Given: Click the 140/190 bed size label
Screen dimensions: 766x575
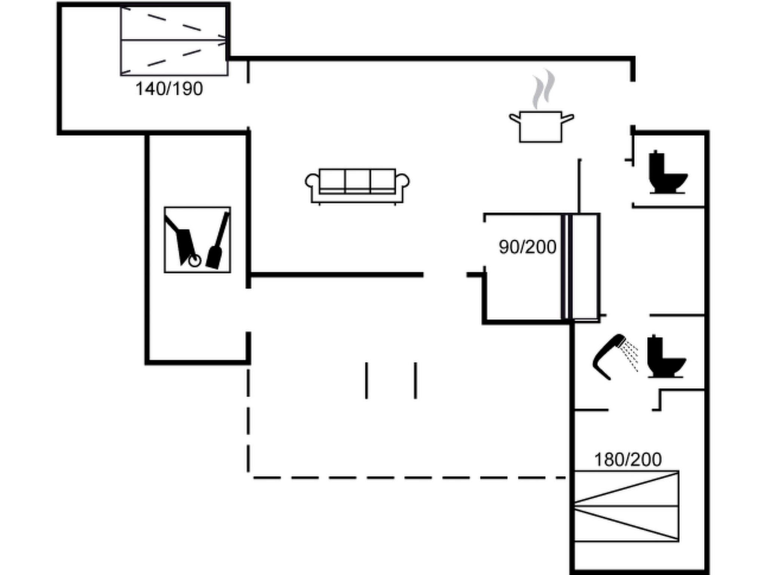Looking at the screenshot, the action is pos(169,89).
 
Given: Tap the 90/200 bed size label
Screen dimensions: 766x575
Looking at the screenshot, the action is pos(527,247).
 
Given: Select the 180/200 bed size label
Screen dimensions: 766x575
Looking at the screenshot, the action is pos(628,459).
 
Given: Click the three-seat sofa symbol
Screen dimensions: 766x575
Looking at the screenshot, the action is pos(357,186).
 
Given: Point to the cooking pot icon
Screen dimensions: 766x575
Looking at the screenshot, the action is pos(541,127).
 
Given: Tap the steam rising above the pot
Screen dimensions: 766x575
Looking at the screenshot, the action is pos(543,89).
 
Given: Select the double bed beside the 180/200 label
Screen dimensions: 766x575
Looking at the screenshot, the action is pos(626,506).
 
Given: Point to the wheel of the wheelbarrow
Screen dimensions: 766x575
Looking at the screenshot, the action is pos(195,261).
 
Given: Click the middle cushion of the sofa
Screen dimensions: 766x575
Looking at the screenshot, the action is pos(358,181).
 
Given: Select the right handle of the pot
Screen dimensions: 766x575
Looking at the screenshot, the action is pos(568,119).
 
